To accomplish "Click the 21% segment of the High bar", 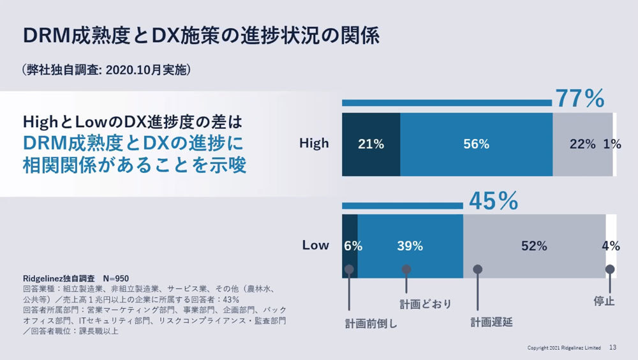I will point(371,144).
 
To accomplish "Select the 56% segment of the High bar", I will point(476,144).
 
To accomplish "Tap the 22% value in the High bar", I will point(582,144).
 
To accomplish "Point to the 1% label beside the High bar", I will point(612,144).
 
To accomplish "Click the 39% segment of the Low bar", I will point(410,246).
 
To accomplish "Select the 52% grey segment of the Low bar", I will point(534,246).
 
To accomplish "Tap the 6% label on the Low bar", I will point(353,246).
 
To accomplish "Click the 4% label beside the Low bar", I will point(611,246).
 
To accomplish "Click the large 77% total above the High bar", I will point(579,99).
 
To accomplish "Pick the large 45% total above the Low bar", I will point(493,201).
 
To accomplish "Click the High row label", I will point(314,144).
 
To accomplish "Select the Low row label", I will point(315,245).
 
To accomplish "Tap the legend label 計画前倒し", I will point(371,323).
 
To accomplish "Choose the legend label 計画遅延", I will point(492,322).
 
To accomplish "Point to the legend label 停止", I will point(604,301).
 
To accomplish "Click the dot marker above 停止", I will point(610,269).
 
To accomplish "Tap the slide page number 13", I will point(612,348).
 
